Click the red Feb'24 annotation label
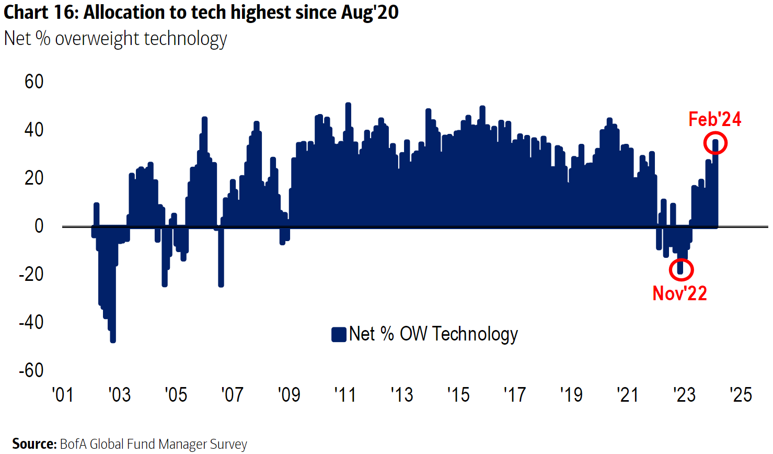[714, 119]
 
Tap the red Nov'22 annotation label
[679, 293]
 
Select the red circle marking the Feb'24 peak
[716, 143]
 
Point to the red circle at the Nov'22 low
[681, 270]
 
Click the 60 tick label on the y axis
[34, 82]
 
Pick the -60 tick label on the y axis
[31, 370]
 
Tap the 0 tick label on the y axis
[39, 226]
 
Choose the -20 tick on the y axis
[31, 274]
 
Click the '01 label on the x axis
[63, 394]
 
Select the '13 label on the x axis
[401, 394]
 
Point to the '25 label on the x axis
[741, 394]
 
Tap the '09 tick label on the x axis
[289, 394]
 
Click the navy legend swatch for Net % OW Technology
[339, 334]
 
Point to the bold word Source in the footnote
[34, 444]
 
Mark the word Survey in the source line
[228, 444]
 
